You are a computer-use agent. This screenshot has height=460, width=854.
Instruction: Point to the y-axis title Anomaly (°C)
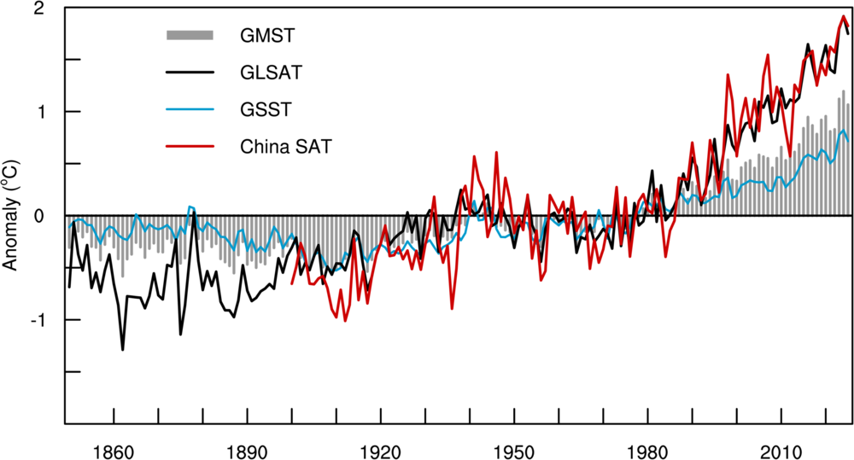coord(12,215)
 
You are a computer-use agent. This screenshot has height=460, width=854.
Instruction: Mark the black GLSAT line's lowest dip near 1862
coord(122,349)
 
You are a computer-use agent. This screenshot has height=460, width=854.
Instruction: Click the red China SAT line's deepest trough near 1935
coord(452,308)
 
